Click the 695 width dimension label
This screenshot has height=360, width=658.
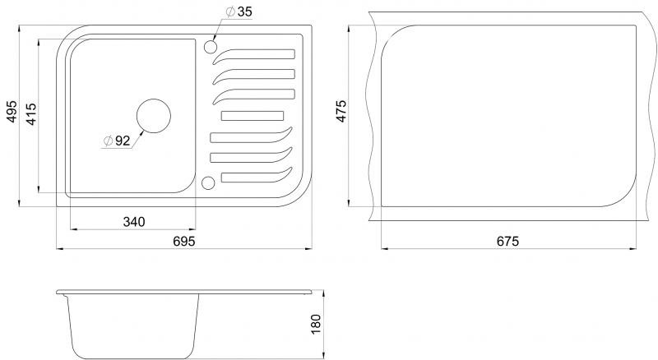point(183,242)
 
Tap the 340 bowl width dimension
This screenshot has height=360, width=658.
point(134,222)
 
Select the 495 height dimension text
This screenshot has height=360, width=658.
point(12,111)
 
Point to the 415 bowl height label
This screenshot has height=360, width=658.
point(31,113)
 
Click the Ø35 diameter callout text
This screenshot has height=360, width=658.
point(239,12)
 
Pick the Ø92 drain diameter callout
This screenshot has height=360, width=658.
point(117,141)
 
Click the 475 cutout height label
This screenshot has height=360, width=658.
point(341,111)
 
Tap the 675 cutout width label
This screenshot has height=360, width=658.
point(507,242)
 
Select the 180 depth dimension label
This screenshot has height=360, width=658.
point(316,324)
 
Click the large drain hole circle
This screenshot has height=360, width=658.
point(154,116)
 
